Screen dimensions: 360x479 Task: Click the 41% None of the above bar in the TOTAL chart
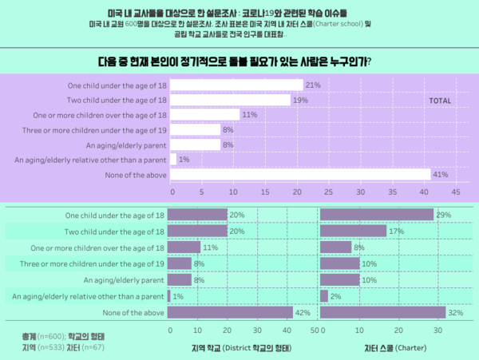[x=301, y=175]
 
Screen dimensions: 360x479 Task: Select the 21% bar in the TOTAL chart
[x=237, y=85]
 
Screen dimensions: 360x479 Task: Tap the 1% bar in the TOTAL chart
[x=174, y=160]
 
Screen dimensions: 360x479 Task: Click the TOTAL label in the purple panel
[x=441, y=101]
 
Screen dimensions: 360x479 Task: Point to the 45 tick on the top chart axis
[x=456, y=192]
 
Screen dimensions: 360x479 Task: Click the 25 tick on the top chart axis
[x=329, y=192]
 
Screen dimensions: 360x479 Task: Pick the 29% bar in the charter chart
[x=377, y=215]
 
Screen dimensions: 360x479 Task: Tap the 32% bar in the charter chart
[x=382, y=312]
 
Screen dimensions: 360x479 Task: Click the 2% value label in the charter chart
[x=336, y=296]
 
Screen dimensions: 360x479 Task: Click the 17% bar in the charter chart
[x=354, y=231]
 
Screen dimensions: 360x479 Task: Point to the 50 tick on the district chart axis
[x=314, y=330]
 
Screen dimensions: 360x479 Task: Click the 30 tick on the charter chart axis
[x=437, y=330]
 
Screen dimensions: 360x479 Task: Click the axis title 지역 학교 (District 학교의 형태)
[x=241, y=348]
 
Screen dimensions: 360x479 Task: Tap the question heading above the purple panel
[x=239, y=61]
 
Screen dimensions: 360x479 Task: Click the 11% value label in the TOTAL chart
[x=248, y=115]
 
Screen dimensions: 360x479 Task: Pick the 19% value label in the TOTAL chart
[x=300, y=100]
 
